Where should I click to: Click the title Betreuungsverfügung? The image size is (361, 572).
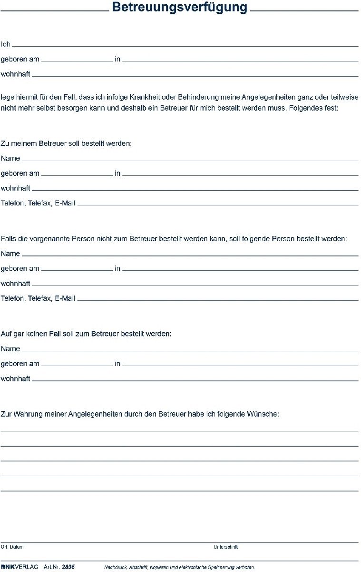point(180,8)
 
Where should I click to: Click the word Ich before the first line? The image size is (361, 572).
point(6,44)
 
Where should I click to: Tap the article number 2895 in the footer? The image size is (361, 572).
point(68,567)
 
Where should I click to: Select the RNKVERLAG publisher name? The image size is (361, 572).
point(20,567)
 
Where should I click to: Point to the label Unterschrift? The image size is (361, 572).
point(225,547)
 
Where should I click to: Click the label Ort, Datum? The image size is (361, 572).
point(12,547)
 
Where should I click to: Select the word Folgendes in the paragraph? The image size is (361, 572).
point(306,108)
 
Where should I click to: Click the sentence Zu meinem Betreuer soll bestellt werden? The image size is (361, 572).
point(66,143)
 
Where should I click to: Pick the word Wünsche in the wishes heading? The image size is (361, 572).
point(263,414)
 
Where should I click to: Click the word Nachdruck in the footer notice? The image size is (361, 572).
point(115,568)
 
